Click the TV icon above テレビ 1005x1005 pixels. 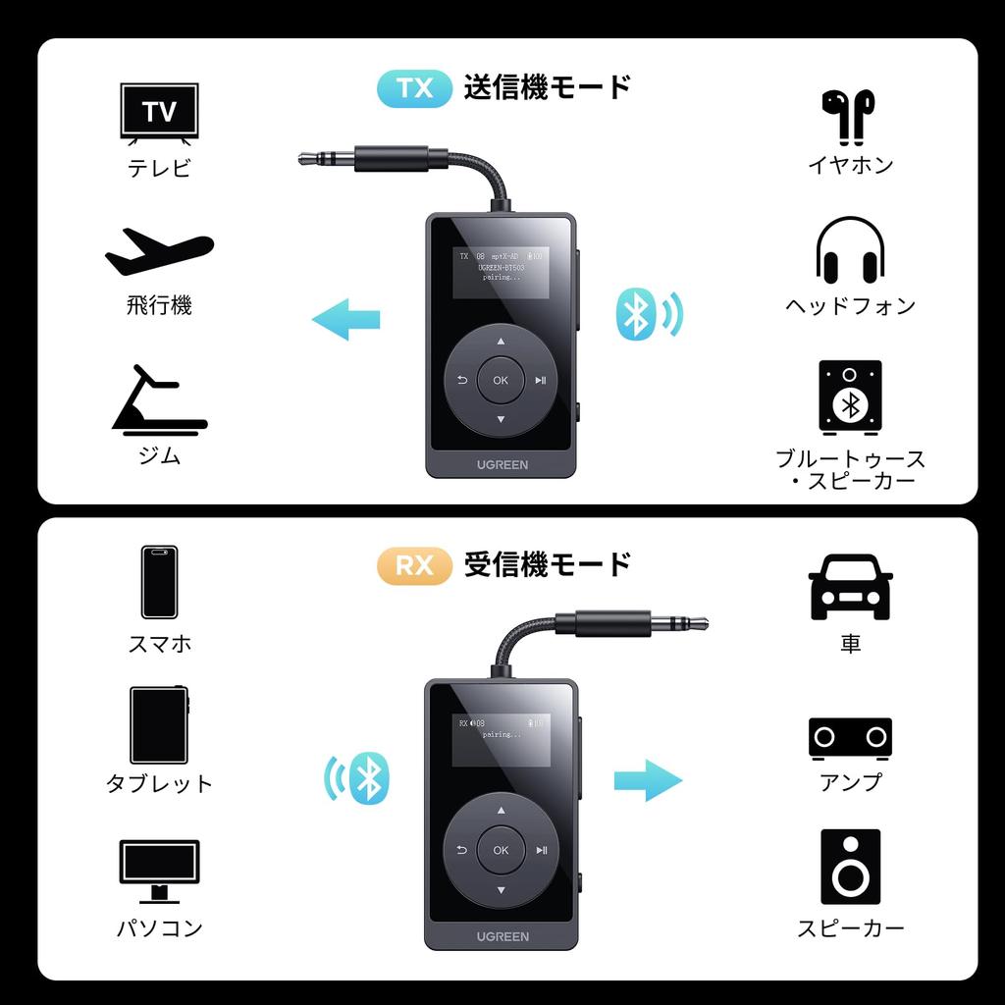tap(159, 112)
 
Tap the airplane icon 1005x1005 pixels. tap(159, 252)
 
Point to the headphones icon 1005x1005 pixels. tap(850, 251)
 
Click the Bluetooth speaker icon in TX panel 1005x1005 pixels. tap(850, 397)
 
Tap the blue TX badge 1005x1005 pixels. tap(414, 88)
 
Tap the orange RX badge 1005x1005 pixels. tap(414, 566)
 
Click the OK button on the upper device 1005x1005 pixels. tap(501, 381)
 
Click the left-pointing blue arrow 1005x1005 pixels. tap(345, 319)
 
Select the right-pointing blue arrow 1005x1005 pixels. tap(648, 780)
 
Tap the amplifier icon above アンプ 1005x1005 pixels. tap(850, 738)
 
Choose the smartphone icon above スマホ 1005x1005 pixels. tap(159, 582)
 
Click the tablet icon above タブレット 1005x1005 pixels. tap(159, 725)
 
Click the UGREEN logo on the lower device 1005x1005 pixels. tap(502, 936)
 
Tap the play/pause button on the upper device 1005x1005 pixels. tap(541, 381)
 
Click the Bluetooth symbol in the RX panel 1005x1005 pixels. tap(368, 778)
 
